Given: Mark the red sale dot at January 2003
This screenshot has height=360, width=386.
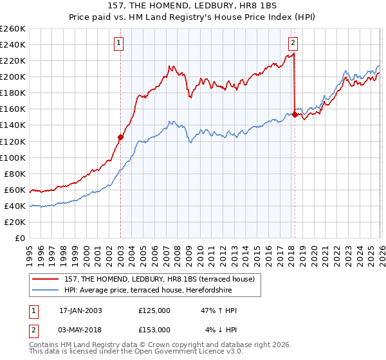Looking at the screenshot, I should click(x=120, y=137).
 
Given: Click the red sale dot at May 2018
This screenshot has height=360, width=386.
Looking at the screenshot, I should click(x=295, y=114).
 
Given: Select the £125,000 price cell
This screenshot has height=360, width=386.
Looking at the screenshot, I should click(x=154, y=310).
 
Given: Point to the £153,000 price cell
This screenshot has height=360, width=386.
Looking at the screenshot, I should click(x=154, y=329).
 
